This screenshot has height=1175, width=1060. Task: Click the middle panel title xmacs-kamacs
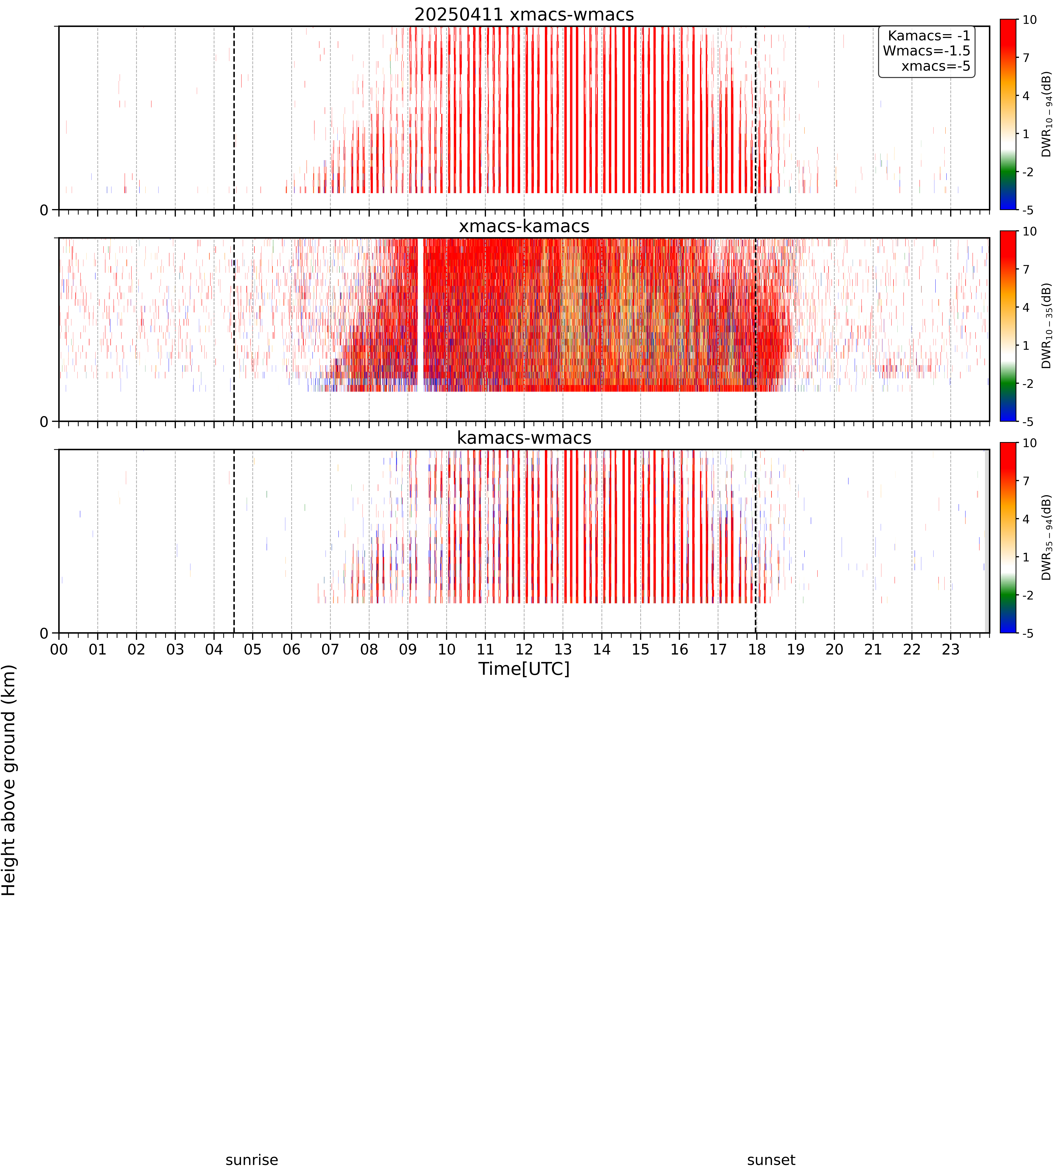[524, 226]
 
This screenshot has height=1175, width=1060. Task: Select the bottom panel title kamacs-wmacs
[524, 438]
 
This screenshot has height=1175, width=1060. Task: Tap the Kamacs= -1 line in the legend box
[929, 36]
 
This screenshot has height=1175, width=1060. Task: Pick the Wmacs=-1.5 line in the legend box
[927, 51]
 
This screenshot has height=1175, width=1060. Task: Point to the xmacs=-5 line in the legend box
[936, 66]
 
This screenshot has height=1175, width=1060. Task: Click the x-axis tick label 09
[408, 649]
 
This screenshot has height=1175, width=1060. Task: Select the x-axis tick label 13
[563, 649]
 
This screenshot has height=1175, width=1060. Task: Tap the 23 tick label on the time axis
[951, 649]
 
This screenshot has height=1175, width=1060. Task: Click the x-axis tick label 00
[59, 649]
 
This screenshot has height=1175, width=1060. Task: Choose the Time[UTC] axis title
[524, 668]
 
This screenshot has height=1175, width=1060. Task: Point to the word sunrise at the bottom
[252, 1160]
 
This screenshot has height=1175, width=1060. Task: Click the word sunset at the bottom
[771, 1160]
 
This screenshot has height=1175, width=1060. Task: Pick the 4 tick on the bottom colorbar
[1026, 519]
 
